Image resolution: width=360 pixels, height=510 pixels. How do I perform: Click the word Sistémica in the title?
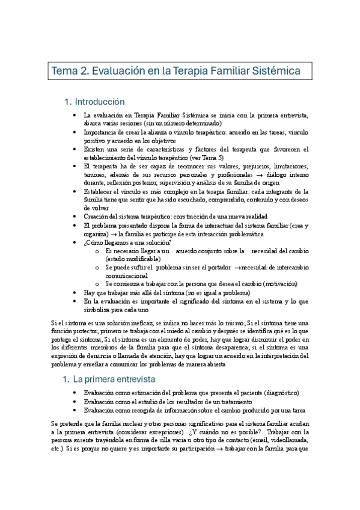(276, 71)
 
